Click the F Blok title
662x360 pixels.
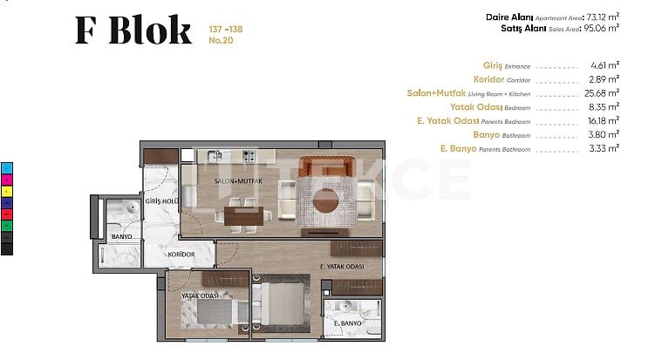(133, 30)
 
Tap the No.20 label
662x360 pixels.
(221, 40)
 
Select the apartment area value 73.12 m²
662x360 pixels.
(603, 17)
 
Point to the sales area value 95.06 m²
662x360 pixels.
(601, 28)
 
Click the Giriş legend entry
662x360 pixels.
(507, 65)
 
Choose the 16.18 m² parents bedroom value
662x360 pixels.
(604, 120)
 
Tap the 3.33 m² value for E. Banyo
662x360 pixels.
(604, 148)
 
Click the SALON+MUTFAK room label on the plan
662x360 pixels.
(238, 181)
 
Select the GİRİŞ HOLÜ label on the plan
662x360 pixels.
(161, 201)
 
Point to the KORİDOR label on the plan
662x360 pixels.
(181, 255)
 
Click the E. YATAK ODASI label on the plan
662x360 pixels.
(342, 267)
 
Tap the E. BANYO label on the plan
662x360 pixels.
(347, 323)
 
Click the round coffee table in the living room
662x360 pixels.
(325, 200)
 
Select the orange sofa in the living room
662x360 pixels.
(326, 166)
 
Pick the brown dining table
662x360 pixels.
(244, 215)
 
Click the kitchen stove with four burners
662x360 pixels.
(249, 156)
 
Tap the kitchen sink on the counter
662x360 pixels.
(215, 156)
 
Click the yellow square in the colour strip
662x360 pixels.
(7, 191)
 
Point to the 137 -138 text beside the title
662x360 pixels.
(225, 29)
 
